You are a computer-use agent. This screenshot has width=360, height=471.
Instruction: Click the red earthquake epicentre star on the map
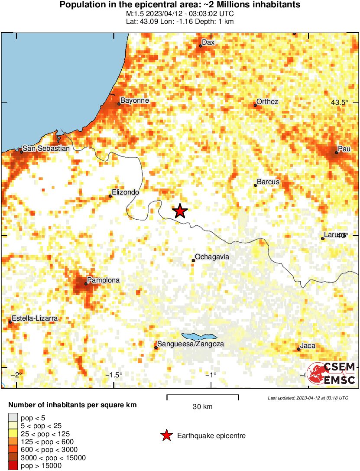180,211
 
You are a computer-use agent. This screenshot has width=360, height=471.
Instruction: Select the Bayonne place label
134,101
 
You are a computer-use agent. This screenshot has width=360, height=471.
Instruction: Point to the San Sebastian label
46,149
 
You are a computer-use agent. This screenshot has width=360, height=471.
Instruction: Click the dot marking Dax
201,45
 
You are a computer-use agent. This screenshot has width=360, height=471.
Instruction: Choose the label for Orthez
267,102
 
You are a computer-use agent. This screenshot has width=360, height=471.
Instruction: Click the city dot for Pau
337,153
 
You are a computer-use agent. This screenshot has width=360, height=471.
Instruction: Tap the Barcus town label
268,182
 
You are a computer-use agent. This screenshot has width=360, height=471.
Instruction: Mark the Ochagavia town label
212,257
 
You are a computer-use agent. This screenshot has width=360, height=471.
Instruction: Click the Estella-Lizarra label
35,318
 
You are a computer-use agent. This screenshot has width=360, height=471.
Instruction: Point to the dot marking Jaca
299,349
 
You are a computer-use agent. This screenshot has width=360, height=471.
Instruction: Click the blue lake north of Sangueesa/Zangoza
199,337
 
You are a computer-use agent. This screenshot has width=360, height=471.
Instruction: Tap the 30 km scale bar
203,396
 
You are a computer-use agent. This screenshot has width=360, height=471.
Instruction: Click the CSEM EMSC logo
331,373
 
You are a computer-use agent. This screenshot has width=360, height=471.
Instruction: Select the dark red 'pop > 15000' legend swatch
12,466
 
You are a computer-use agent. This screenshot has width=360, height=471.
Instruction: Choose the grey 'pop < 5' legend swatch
12,418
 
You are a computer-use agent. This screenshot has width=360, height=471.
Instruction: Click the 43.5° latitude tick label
339,103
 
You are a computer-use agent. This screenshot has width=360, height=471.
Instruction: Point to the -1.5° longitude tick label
115,375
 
